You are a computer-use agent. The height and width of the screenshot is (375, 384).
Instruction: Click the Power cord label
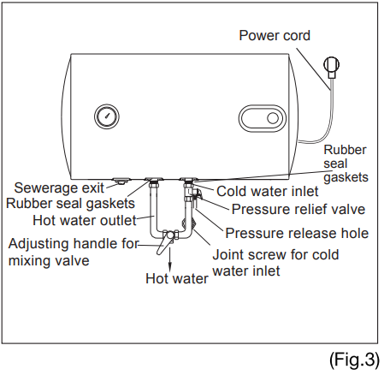pos(275,35)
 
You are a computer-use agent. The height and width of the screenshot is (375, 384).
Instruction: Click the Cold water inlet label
pos(267,192)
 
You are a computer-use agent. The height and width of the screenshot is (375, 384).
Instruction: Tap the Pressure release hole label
pos(296,232)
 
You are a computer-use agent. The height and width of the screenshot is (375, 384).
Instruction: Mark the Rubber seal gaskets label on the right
pos(345,164)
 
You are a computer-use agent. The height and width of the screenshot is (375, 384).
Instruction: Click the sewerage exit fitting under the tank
pos(121,182)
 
